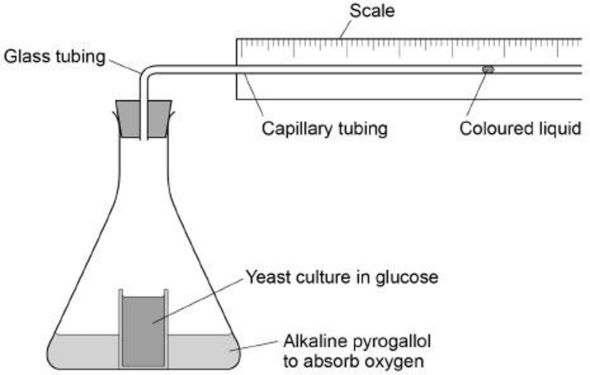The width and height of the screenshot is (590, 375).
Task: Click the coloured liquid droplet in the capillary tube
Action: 488,69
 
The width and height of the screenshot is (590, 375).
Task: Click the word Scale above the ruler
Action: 372,11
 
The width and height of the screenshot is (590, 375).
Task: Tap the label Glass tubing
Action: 54,56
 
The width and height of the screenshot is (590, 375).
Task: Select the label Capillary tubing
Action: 324,129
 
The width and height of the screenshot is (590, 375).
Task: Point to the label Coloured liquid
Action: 520,129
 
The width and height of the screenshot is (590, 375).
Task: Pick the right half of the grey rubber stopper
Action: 159,119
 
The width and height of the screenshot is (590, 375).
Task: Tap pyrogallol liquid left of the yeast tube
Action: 86,350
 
